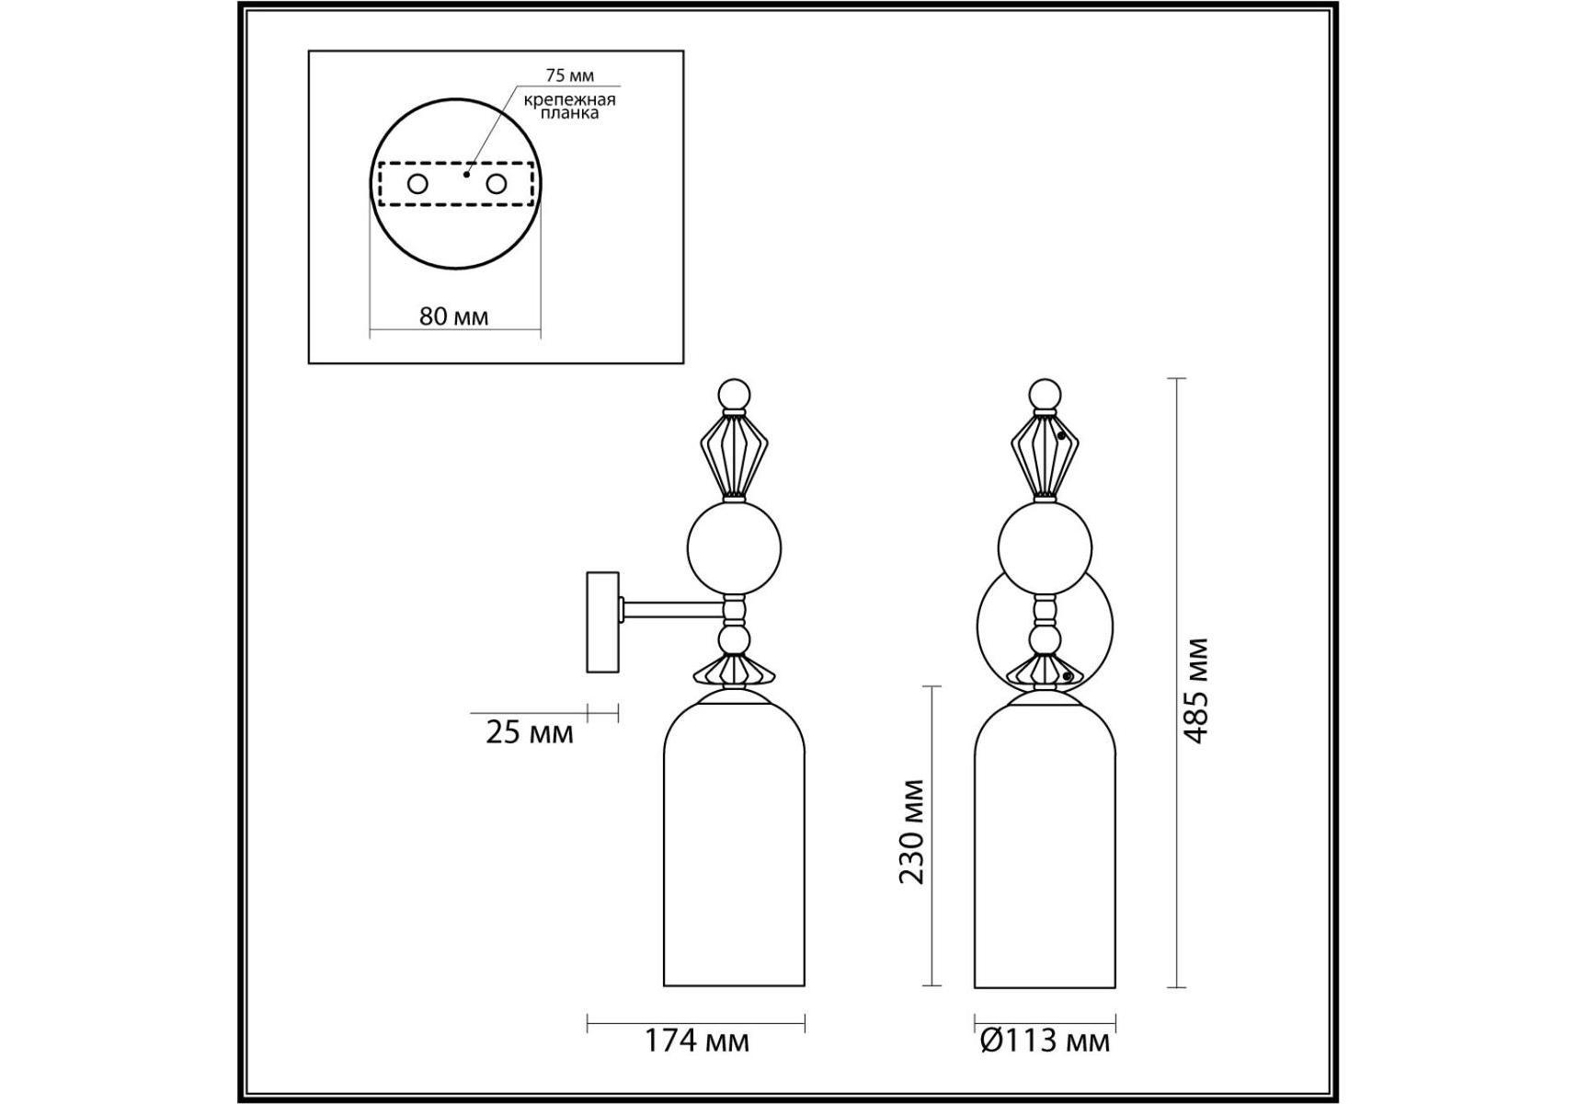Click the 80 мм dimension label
pyautogui.click(x=453, y=316)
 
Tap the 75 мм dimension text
pyautogui.click(x=569, y=75)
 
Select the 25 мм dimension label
pyautogui.click(x=530, y=733)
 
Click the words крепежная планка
pyautogui.click(x=570, y=106)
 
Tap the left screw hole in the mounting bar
pyautogui.click(x=417, y=184)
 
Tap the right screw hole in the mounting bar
pyautogui.click(x=497, y=184)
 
